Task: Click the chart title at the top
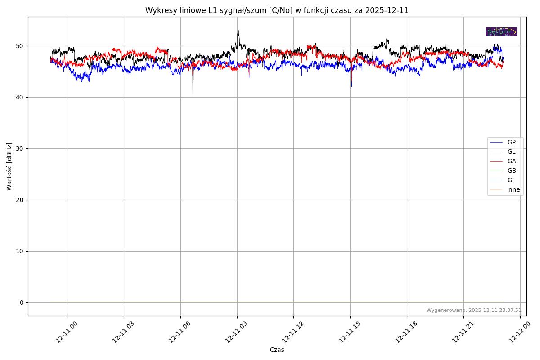(x=277, y=10)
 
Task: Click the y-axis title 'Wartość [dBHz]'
(x=9, y=166)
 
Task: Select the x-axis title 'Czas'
(x=277, y=350)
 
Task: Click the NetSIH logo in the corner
(x=501, y=31)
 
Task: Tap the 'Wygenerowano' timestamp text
(x=474, y=310)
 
